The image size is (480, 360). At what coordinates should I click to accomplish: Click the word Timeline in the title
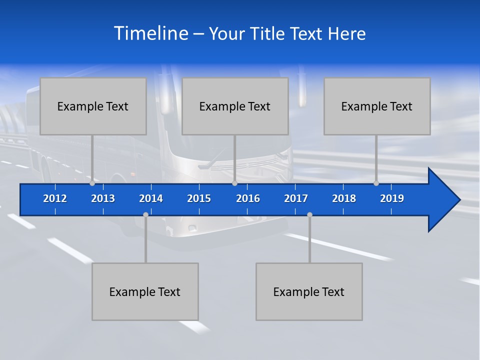click(151, 33)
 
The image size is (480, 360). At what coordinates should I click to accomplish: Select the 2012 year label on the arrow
click(55, 198)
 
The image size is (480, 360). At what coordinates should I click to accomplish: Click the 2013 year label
click(103, 198)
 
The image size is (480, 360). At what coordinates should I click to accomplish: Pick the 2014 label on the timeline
click(151, 198)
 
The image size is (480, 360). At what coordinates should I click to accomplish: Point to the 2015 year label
click(199, 198)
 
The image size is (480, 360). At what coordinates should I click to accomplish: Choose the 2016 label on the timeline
click(248, 198)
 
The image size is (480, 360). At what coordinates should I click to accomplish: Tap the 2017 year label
click(296, 198)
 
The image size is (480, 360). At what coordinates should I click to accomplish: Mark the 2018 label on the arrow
click(344, 198)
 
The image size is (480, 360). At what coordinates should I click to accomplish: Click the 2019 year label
click(392, 198)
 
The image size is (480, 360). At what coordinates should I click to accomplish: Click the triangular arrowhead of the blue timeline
click(442, 200)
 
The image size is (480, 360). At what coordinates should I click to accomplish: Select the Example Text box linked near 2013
click(93, 106)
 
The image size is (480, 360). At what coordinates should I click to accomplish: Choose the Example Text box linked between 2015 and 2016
click(235, 106)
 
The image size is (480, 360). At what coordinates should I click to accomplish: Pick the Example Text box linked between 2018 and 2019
click(377, 106)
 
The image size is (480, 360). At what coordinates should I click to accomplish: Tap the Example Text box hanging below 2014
click(145, 292)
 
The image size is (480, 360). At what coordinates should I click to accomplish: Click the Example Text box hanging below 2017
click(309, 292)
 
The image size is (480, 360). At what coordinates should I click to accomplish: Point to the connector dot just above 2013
click(92, 183)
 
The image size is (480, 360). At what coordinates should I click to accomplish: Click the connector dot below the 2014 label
click(145, 214)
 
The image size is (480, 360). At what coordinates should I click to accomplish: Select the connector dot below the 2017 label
click(309, 214)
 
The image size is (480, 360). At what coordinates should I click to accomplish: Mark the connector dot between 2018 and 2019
click(376, 183)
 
